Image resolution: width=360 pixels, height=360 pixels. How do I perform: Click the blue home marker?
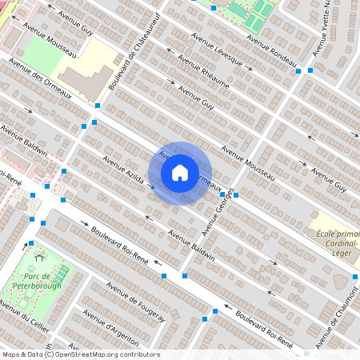(x=180, y=173)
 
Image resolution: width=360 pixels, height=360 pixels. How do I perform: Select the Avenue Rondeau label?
(x=272, y=52)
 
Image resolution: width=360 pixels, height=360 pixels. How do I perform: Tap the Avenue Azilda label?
(x=123, y=169)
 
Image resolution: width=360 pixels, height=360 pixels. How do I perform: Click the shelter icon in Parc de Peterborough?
(x=38, y=258)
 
